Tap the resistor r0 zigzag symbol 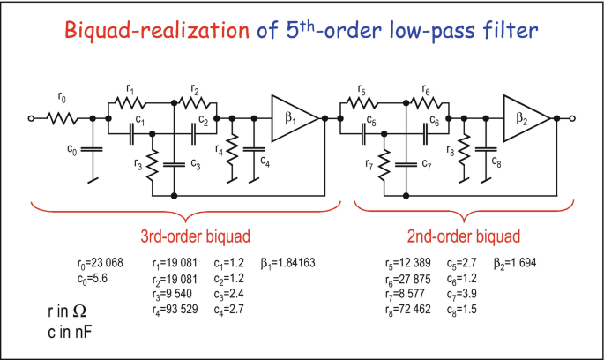click(x=64, y=116)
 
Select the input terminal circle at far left click(x=32, y=116)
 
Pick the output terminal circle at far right click(x=572, y=116)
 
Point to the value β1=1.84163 click(x=287, y=263)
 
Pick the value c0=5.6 click(x=94, y=278)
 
